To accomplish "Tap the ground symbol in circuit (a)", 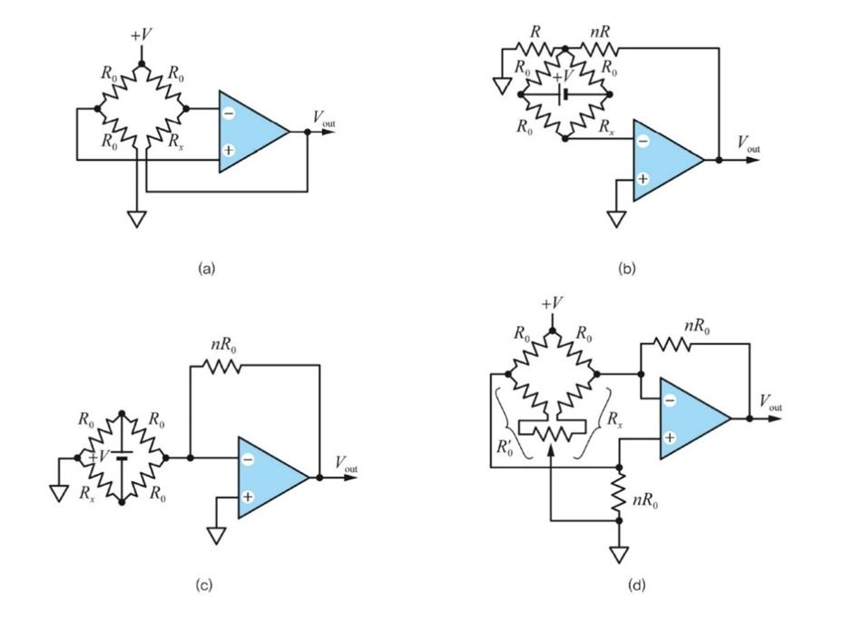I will pos(136,218).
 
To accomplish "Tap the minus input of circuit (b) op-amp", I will pos(643,142).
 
